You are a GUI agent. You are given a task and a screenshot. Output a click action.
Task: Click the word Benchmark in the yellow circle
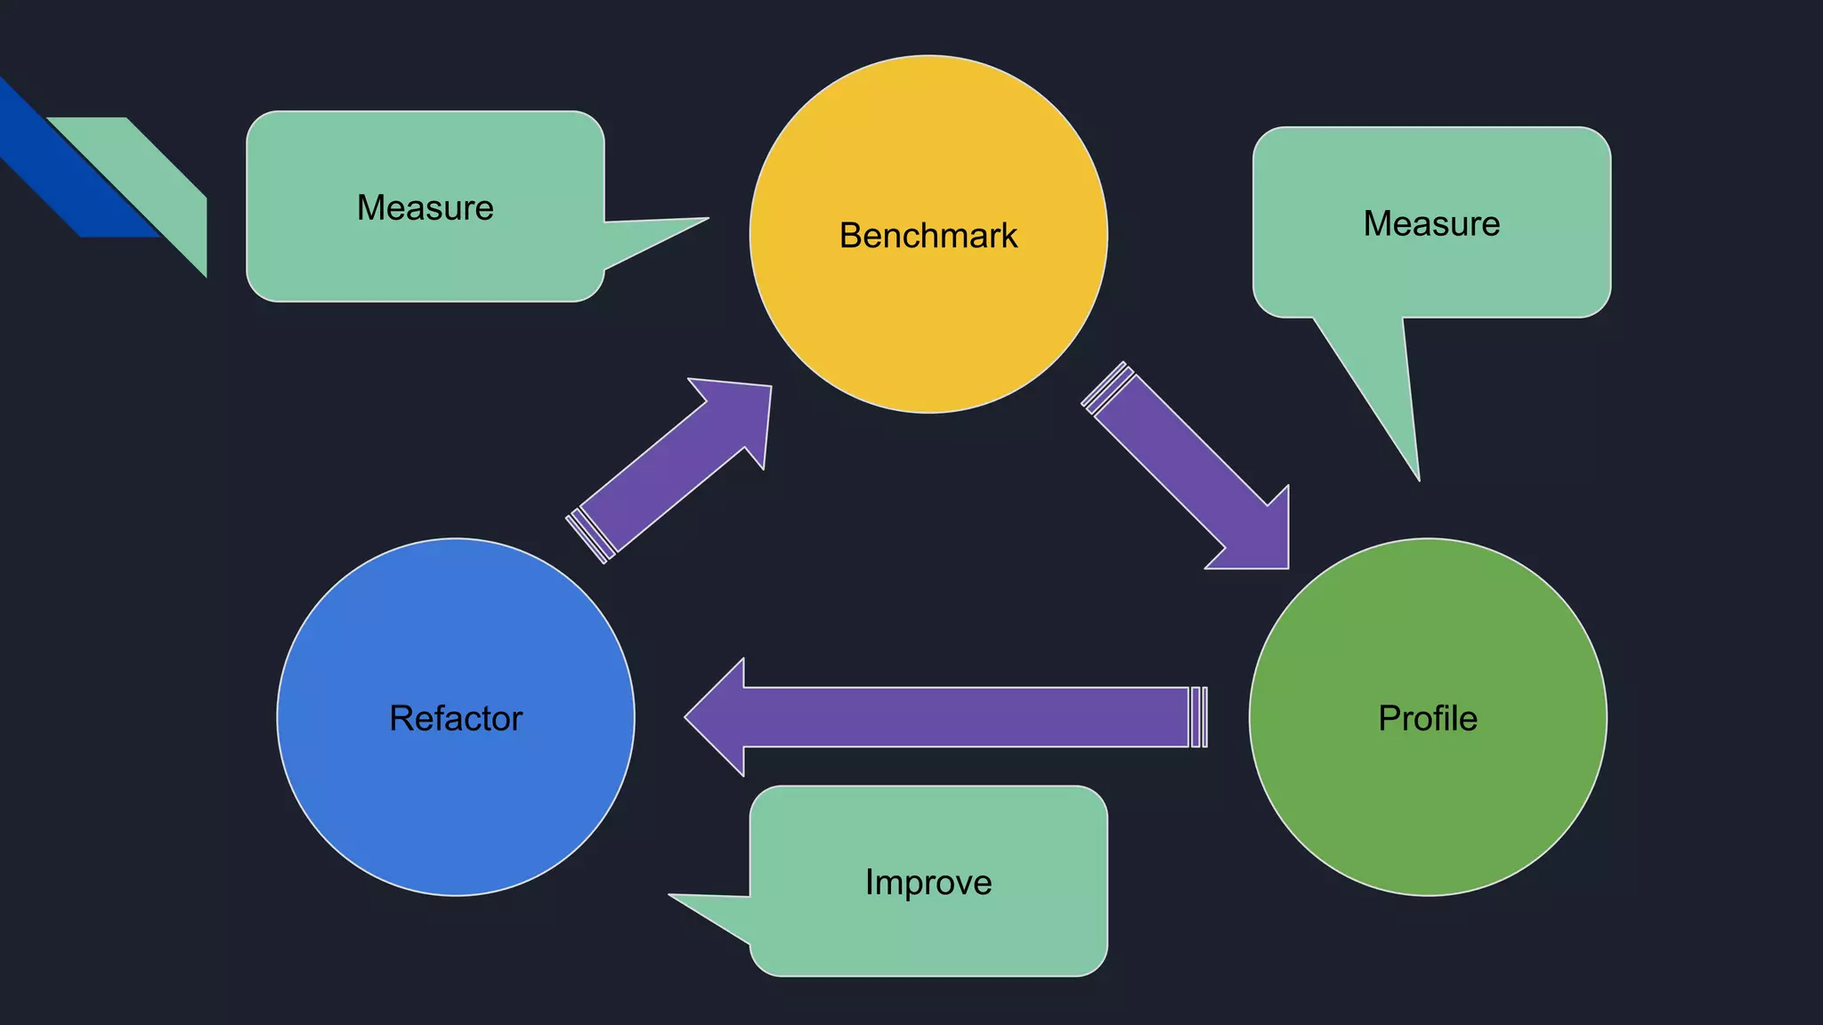[x=928, y=236]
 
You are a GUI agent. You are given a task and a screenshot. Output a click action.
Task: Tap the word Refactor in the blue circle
[x=455, y=718]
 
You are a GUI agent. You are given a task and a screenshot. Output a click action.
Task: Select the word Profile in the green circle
[x=1427, y=718]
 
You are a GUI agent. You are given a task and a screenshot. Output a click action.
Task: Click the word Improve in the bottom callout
[x=928, y=882]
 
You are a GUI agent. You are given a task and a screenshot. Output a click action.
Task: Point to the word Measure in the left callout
[x=425, y=207]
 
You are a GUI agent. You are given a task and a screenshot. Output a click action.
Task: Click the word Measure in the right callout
[x=1430, y=223]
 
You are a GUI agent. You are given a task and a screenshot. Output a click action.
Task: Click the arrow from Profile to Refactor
[x=961, y=717]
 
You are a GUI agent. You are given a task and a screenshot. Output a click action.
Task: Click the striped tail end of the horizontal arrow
[x=1198, y=717]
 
